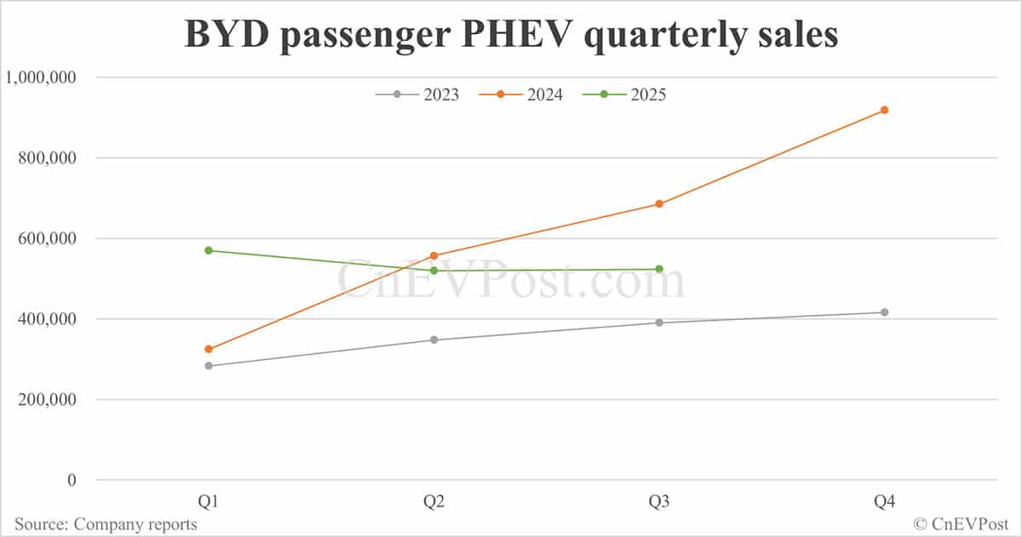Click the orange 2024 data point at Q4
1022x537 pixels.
(884, 110)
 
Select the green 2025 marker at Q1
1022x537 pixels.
(209, 250)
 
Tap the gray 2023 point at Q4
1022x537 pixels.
(884, 312)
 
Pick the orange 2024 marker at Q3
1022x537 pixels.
(659, 204)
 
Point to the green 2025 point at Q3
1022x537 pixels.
(659, 269)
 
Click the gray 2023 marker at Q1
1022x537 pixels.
(209, 366)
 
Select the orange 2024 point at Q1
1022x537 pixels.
(209, 349)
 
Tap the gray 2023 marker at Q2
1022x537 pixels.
(433, 340)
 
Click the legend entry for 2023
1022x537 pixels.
(417, 94)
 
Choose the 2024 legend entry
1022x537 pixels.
(521, 94)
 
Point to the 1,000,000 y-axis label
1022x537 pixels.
(41, 77)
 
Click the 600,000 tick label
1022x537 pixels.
(47, 239)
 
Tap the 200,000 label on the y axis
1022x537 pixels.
(47, 400)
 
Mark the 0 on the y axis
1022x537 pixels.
(72, 481)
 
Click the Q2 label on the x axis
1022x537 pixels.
(433, 503)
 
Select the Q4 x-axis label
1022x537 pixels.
(884, 503)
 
